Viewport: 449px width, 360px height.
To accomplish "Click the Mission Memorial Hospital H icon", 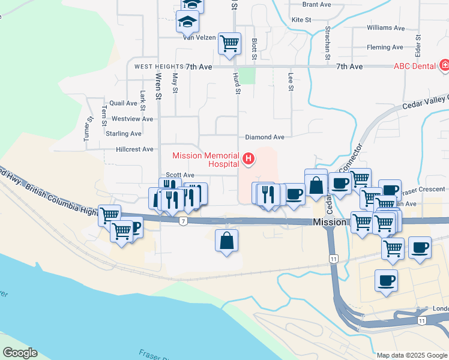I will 249,159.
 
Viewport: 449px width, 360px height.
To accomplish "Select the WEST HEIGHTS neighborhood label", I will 158,67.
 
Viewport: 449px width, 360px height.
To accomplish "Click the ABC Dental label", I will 414,66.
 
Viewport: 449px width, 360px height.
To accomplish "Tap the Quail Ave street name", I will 124,103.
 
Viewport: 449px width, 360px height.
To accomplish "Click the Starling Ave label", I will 123,133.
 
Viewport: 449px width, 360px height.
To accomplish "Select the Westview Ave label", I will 132,119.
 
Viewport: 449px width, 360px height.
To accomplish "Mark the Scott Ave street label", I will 180,175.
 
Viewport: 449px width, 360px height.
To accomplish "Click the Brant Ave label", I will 317,4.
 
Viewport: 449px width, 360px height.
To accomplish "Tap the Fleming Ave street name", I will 385,47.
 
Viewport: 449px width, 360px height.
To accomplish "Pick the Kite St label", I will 301,20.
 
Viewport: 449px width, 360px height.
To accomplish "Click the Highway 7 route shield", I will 183,221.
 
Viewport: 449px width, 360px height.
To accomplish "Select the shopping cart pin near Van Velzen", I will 229,43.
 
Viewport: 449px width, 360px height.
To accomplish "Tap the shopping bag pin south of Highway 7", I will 226,241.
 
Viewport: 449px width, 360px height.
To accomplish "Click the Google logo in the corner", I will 20,353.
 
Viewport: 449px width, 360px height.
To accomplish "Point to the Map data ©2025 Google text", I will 411,355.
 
